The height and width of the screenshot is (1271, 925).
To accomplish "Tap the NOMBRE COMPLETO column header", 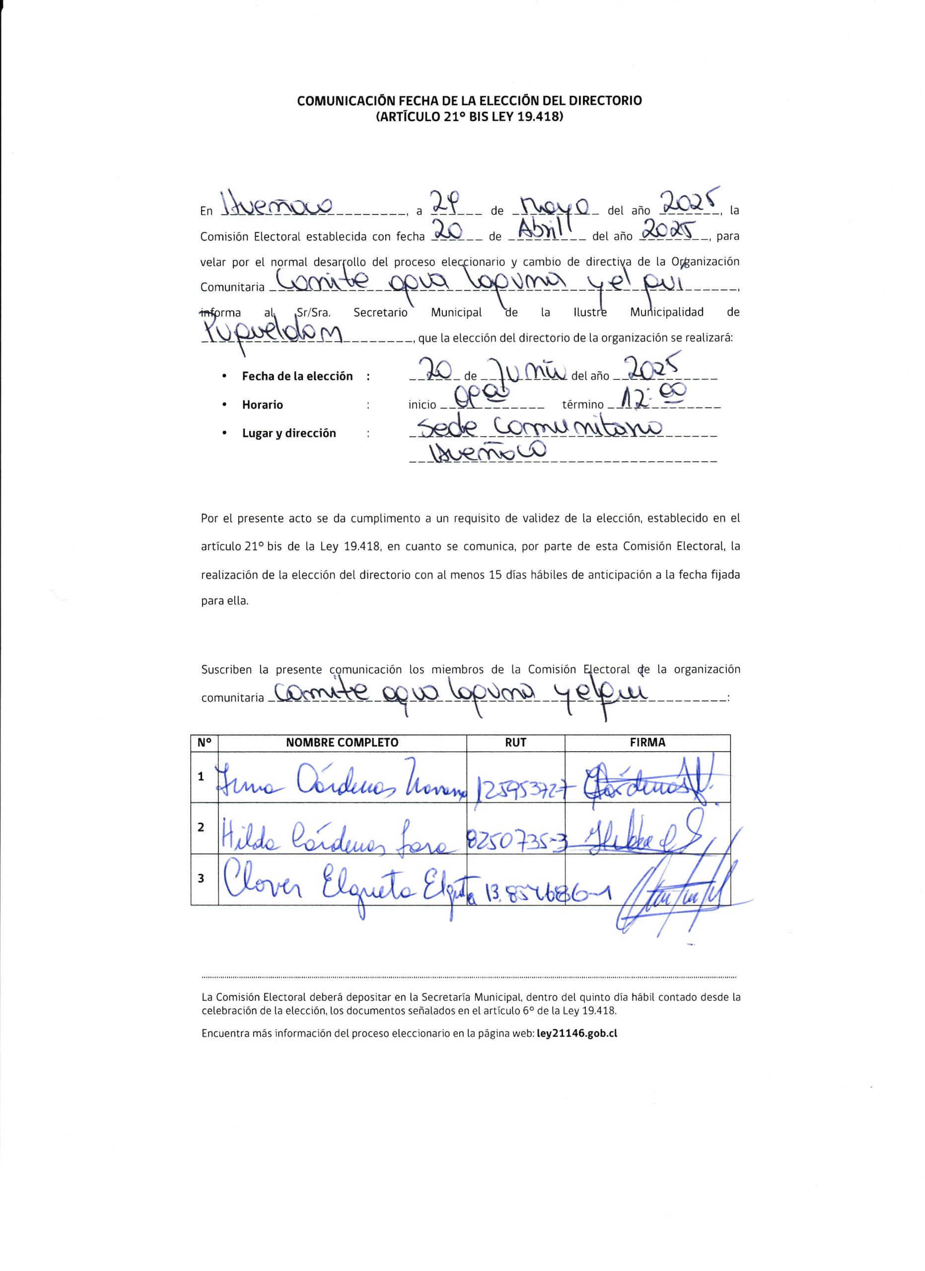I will click(x=342, y=743).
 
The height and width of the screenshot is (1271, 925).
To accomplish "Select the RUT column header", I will click(x=515, y=743).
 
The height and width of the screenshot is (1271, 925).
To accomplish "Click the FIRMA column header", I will click(x=647, y=743).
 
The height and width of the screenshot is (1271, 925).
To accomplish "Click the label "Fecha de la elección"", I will click(x=297, y=377).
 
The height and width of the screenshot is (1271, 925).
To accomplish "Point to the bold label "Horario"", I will click(x=262, y=405).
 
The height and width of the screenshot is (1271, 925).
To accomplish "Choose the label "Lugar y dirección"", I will click(x=288, y=433).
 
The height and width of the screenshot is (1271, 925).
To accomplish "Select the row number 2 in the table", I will click(x=201, y=827).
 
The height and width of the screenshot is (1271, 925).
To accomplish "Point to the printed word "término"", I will click(x=583, y=405).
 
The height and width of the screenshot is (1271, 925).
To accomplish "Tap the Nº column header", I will click(x=204, y=743).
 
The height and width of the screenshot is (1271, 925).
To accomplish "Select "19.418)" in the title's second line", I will click(x=542, y=118).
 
